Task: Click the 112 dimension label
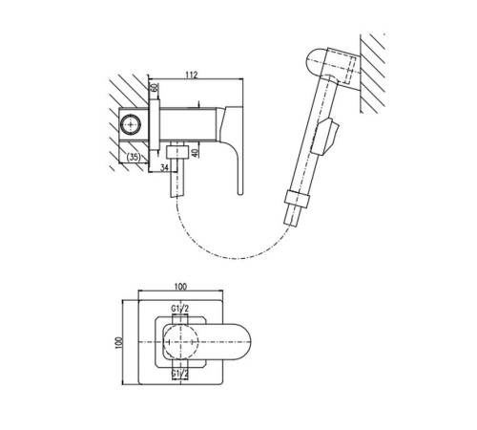[192, 75]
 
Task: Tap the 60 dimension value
[154, 88]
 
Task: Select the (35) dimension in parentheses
[134, 157]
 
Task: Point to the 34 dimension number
[164, 167]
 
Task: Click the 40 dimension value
[196, 152]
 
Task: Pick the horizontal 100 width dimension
[180, 287]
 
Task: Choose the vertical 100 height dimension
[119, 343]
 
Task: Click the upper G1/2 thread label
[180, 309]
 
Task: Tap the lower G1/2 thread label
[180, 373]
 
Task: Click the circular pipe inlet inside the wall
[131, 124]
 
